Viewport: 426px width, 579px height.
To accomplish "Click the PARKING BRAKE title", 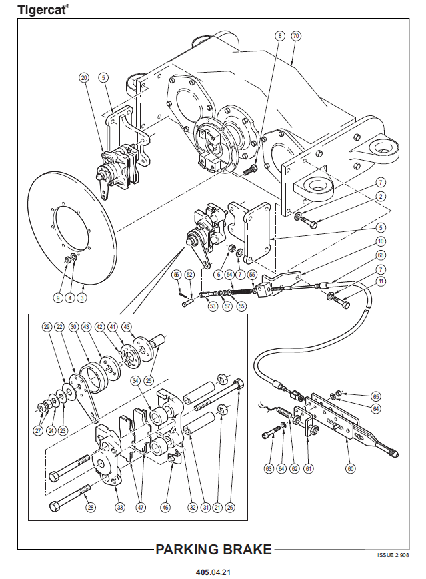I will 213,550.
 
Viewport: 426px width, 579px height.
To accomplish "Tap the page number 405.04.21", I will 213,572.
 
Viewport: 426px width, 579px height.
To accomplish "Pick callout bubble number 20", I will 83,78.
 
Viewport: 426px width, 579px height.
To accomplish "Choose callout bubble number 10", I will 381,241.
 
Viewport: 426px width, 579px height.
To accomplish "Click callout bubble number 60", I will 351,468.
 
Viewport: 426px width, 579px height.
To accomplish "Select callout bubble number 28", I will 91,507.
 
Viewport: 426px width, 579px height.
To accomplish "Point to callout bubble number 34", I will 135,380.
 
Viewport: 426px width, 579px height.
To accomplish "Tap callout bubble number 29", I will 47,327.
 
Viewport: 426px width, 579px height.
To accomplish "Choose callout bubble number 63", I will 269,469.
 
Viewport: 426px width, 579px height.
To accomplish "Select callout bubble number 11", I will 381,282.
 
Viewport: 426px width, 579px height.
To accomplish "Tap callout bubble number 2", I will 381,196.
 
